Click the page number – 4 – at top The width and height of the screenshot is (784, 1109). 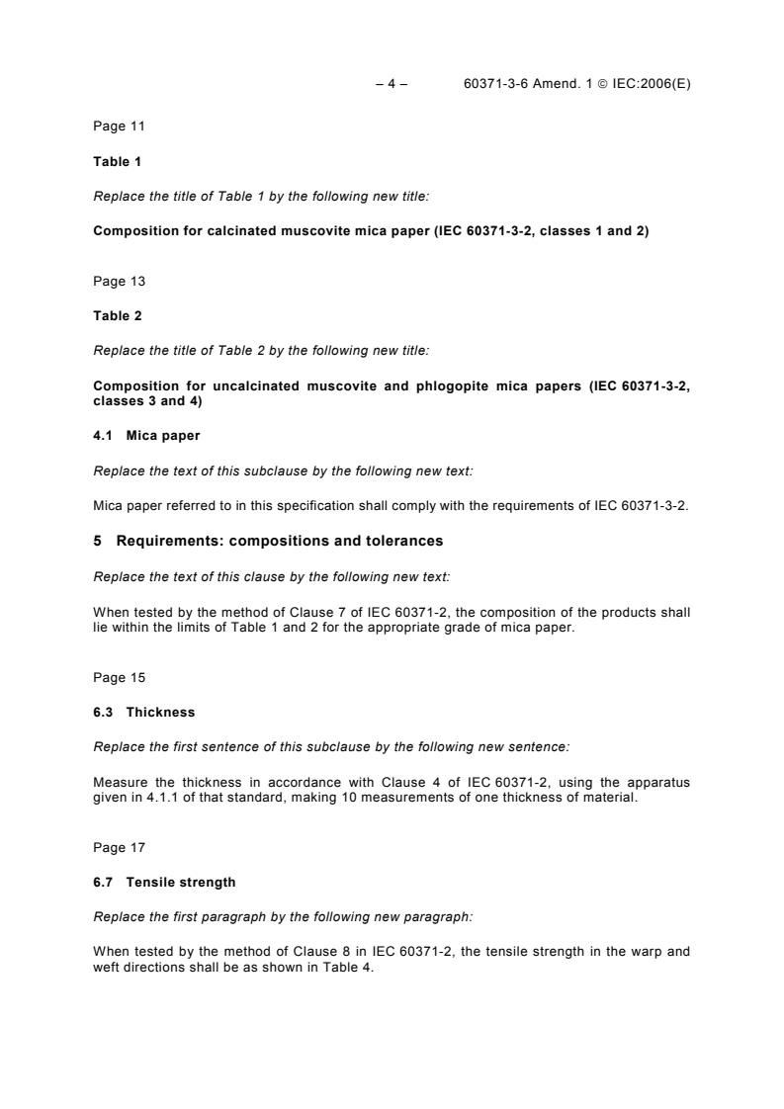(392, 84)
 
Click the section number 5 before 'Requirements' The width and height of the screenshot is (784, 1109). (97, 542)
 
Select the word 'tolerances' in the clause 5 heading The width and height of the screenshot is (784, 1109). (406, 542)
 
